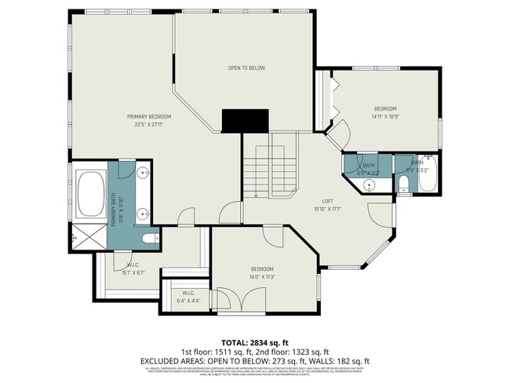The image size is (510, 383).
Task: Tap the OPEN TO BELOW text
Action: click(246, 68)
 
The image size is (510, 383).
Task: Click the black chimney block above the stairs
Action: click(246, 121)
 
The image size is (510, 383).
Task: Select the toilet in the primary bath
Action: click(150, 237)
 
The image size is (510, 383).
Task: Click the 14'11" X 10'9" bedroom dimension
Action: click(384, 116)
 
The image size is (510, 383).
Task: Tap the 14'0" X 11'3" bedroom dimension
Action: click(262, 276)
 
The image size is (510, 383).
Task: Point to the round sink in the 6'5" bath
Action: click(370, 185)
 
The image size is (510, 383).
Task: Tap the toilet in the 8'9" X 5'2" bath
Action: click(403, 184)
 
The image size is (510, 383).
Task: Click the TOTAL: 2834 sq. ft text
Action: click(254, 342)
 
